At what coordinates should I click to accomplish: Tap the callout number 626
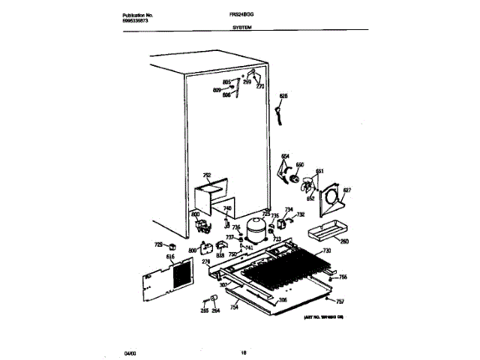[x=283, y=95]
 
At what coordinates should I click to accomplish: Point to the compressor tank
[x=256, y=229]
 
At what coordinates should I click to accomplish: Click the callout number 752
[x=207, y=175]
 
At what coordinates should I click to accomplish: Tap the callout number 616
[x=170, y=256]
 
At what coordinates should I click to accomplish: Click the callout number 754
[x=235, y=307]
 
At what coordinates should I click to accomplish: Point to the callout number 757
[x=340, y=301]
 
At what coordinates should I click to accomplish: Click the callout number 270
[x=260, y=86]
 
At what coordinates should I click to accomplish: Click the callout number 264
[x=215, y=310]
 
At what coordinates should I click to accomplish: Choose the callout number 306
[x=283, y=301]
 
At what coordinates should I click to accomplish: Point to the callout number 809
[x=217, y=90]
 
